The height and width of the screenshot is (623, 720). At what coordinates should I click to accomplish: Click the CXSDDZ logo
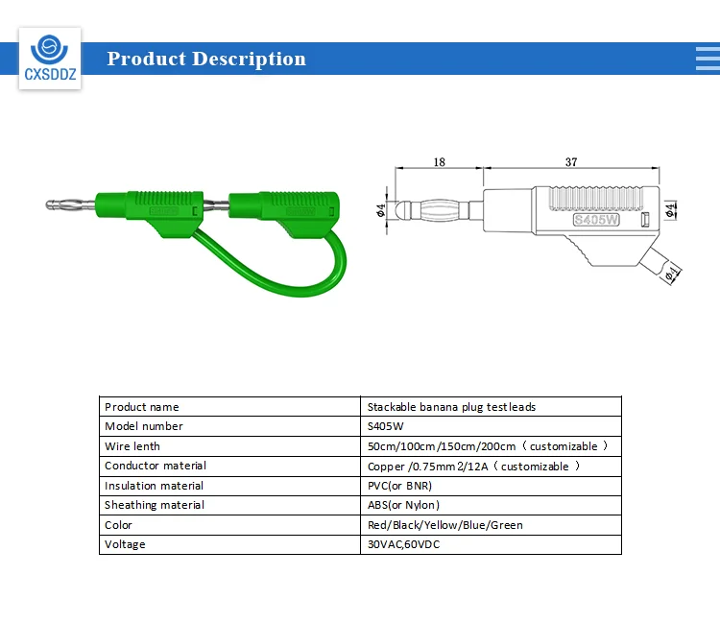pyautogui.click(x=50, y=58)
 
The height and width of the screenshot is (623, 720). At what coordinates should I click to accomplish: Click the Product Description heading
pyautogui.click(x=206, y=59)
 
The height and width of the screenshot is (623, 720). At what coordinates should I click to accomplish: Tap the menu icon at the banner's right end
pyautogui.click(x=708, y=59)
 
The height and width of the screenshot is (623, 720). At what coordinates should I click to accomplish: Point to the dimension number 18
pyautogui.click(x=439, y=162)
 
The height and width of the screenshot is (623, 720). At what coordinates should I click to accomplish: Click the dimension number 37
pyautogui.click(x=571, y=162)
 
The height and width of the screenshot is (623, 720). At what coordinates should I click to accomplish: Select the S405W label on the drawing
pyautogui.click(x=596, y=220)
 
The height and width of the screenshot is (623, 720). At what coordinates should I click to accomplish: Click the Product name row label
pyautogui.click(x=142, y=407)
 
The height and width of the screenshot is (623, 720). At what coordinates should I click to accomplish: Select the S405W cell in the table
pyautogui.click(x=385, y=426)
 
